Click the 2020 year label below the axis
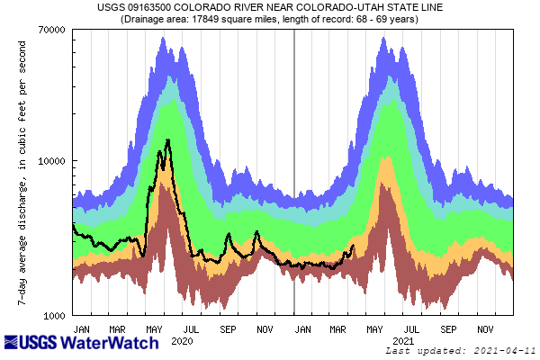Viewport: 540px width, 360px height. [183, 341]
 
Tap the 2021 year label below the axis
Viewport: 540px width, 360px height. [404, 341]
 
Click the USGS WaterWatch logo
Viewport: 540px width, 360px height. [81, 343]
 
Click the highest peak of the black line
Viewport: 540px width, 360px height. [168, 140]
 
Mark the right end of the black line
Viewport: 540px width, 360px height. [353, 246]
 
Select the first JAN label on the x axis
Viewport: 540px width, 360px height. [81, 328]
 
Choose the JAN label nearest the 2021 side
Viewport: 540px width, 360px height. [303, 328]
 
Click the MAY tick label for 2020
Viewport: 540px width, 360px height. [155, 328]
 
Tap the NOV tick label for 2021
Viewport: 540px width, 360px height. [486, 328]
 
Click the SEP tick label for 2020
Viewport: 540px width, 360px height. [228, 328]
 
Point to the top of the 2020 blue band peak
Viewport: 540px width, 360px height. [163, 38]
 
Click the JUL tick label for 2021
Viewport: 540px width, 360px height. [412, 328]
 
